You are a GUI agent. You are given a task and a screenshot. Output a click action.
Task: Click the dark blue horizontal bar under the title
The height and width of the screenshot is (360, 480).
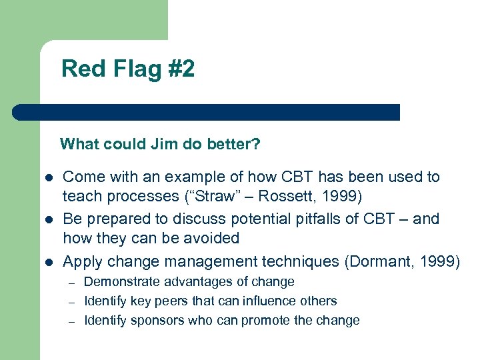click(x=207, y=112)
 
